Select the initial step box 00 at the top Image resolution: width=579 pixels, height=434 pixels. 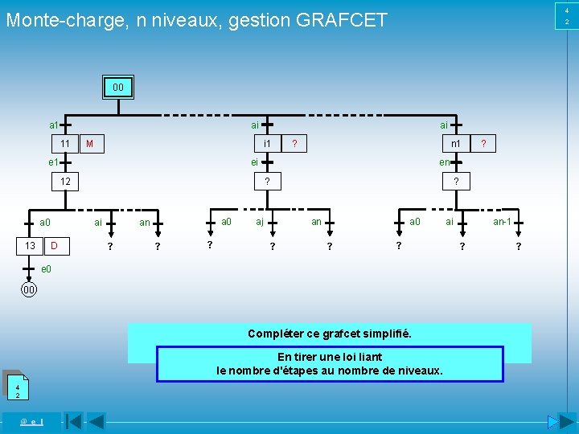pyautogui.click(x=117, y=87)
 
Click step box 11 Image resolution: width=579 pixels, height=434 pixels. pyautogui.click(x=64, y=143)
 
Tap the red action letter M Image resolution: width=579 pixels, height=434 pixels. pyautogui.click(x=90, y=144)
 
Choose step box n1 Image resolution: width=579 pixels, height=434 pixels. pyautogui.click(x=455, y=143)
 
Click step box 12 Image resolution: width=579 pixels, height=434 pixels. pyautogui.click(x=65, y=182)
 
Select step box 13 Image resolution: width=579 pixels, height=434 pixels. pyautogui.click(x=28, y=244)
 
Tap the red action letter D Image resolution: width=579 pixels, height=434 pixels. pyautogui.click(x=53, y=244)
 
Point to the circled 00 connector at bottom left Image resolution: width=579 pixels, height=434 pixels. pyautogui.click(x=28, y=289)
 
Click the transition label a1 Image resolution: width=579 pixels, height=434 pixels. pyautogui.click(x=54, y=125)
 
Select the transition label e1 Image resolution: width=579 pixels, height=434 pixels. pyautogui.click(x=54, y=162)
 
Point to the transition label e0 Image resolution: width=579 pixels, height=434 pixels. pyautogui.click(x=46, y=268)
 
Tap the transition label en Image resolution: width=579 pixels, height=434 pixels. pyautogui.click(x=444, y=162)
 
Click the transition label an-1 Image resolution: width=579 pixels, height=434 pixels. pyautogui.click(x=503, y=221)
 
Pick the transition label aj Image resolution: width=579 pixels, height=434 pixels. pyautogui.click(x=260, y=221)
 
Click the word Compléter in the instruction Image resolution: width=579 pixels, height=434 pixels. pyautogui.click(x=273, y=334)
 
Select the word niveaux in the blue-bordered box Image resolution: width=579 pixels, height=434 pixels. pyautogui.click(x=421, y=371)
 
